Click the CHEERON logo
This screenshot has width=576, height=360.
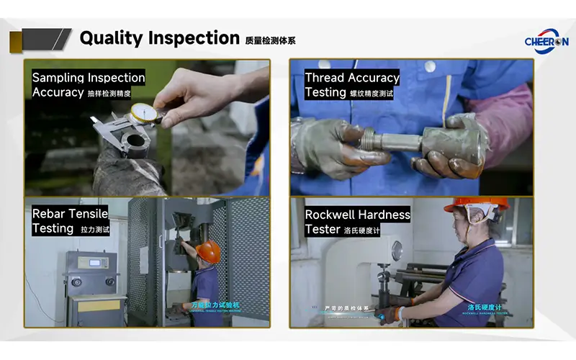coord(546,37)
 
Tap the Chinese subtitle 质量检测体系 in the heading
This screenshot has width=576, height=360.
coord(270,40)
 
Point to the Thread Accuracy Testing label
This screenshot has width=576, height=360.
coord(351,84)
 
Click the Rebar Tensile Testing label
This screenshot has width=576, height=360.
coord(70,220)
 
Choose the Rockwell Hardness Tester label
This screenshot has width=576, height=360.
coord(357,222)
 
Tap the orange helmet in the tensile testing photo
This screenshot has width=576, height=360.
coord(208,251)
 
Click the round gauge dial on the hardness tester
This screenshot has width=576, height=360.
coord(397,251)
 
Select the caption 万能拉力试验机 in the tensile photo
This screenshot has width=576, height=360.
coord(215,305)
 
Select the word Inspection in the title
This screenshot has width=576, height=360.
coord(194,37)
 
